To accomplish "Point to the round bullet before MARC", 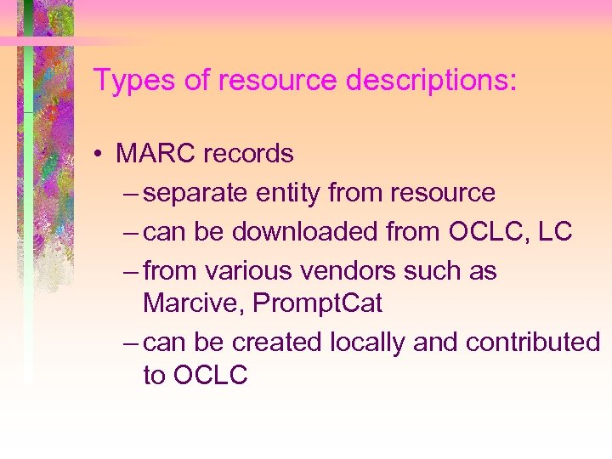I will [99, 155].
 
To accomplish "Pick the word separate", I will [198, 193].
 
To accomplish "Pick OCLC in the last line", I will [210, 375].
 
